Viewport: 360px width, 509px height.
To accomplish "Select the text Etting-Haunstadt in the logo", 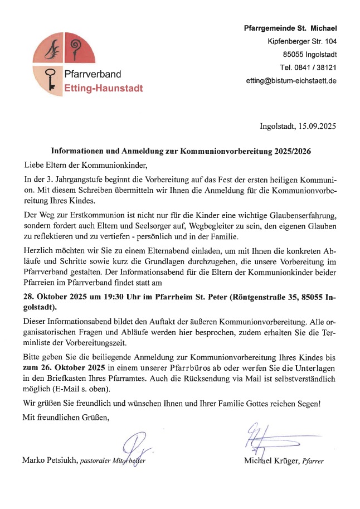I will click(103, 88).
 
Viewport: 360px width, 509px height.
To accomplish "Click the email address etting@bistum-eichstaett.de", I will click(291, 80).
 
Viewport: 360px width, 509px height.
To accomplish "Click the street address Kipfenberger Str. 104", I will click(302, 41).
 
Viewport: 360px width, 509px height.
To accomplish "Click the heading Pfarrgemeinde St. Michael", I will click(290, 28).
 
